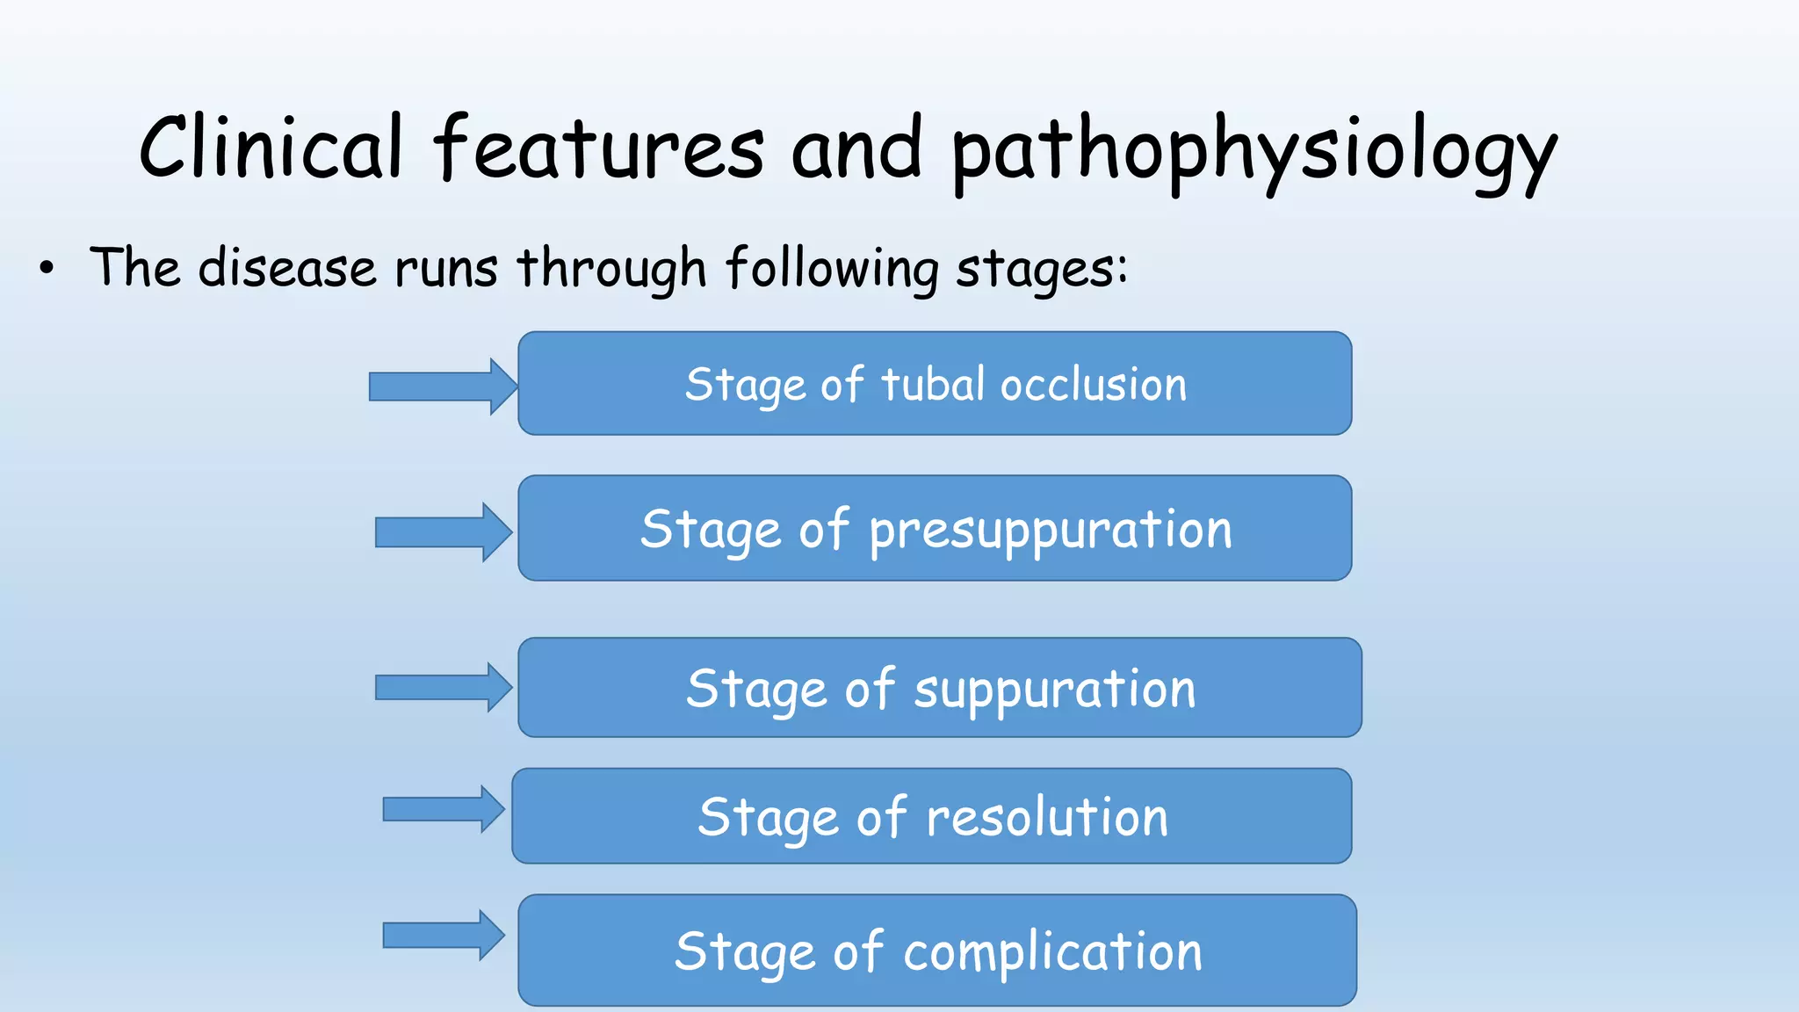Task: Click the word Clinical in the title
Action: (271, 147)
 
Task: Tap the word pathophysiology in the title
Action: (1254, 151)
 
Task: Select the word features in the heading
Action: (599, 147)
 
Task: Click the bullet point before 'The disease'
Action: (47, 269)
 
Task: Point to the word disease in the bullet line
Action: (287, 267)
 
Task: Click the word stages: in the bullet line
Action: (1041, 269)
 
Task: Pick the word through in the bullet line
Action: (611, 267)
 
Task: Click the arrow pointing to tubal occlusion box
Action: (442, 387)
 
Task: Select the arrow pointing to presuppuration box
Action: (443, 532)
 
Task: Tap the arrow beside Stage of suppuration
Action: (443, 687)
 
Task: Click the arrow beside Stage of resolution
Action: (443, 809)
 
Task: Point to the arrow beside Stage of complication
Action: (443, 936)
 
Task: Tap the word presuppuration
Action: (1051, 531)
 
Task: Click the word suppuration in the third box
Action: (1055, 690)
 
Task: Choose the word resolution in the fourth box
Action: (1047, 817)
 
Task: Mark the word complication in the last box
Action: (1052, 952)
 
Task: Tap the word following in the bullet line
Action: (832, 267)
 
